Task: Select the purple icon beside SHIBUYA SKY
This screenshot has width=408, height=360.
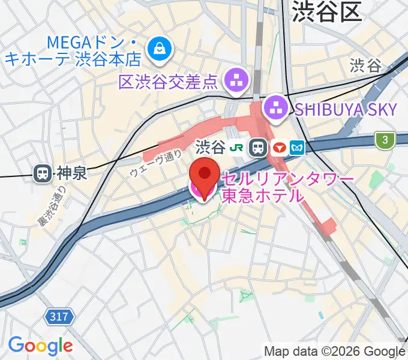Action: [x=276, y=108]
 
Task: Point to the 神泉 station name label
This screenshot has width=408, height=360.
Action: [x=71, y=174]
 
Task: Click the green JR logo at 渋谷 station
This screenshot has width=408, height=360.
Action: [x=239, y=147]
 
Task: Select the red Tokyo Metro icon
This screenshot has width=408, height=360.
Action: [x=278, y=147]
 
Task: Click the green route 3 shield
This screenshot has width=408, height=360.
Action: [x=385, y=140]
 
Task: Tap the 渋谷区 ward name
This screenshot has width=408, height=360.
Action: [x=329, y=12]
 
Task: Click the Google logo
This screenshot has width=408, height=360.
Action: [x=40, y=346]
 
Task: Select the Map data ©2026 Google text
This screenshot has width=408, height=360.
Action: [x=335, y=351]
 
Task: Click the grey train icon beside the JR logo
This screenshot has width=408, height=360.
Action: [x=259, y=147]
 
